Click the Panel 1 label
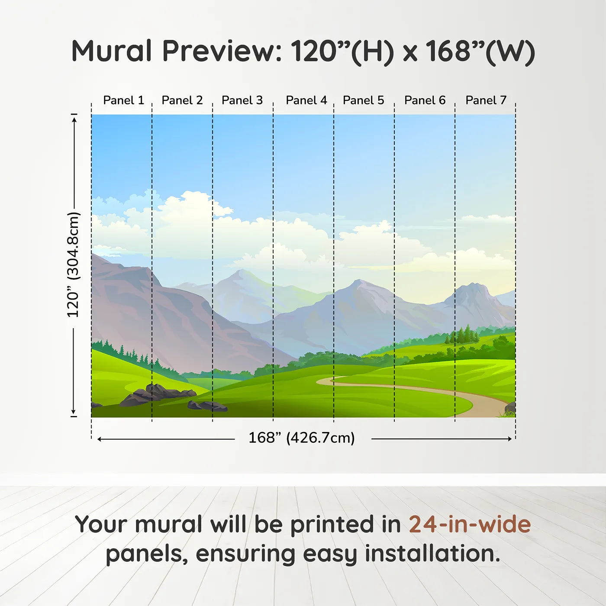(124, 100)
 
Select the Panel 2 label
(182, 100)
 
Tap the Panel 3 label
(242, 100)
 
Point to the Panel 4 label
(306, 100)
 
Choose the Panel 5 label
(364, 100)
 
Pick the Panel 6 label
(425, 100)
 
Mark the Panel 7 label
(486, 100)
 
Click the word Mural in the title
(112, 51)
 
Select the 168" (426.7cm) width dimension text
(302, 438)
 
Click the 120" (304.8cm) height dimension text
(74, 264)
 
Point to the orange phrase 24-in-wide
(470, 524)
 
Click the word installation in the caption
(432, 554)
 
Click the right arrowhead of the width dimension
(510, 439)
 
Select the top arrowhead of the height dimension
(74, 119)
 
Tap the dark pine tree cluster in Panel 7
(461, 335)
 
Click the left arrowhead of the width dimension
(100, 439)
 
